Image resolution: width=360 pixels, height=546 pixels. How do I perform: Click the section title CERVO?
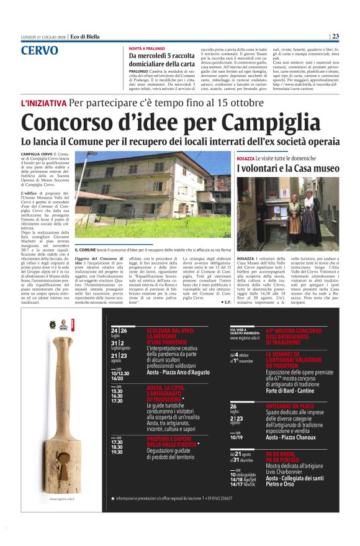click(x=40, y=50)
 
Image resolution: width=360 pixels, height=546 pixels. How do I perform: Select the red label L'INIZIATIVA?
click(x=43, y=102)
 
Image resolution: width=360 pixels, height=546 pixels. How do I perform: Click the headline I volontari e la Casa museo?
click(x=287, y=169)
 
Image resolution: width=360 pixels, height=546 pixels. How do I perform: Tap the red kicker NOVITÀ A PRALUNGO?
click(x=148, y=48)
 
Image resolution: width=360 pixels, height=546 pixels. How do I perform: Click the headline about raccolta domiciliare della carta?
click(x=163, y=60)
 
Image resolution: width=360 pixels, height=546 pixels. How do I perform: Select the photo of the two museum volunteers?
click(x=287, y=213)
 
